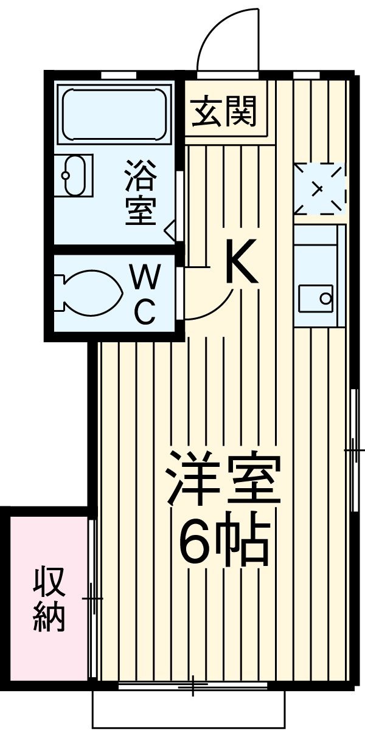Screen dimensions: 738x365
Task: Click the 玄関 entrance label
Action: (x=225, y=112)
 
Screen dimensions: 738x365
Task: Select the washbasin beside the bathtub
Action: (x=73, y=175)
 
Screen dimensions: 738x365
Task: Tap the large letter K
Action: (x=242, y=261)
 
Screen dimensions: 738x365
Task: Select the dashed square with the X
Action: (x=319, y=188)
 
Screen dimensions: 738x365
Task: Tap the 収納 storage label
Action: (x=49, y=599)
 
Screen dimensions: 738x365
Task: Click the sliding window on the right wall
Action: (x=353, y=450)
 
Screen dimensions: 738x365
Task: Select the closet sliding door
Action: (x=92, y=599)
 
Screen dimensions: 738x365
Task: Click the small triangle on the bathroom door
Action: (x=170, y=229)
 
